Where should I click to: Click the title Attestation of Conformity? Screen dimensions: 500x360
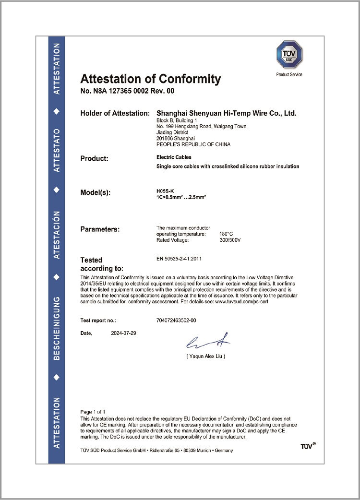151,79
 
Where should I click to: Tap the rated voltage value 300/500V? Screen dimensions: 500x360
230,239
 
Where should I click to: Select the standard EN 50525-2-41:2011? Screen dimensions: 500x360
179,259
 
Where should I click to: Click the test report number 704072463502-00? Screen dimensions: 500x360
177,320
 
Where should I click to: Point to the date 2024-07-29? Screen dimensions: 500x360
123,333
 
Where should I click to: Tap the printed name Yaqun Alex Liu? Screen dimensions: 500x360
205,357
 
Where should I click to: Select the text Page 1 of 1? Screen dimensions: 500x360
93,412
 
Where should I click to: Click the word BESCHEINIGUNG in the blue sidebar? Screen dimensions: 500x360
57,328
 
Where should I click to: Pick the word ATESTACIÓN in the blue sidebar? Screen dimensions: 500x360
57,235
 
